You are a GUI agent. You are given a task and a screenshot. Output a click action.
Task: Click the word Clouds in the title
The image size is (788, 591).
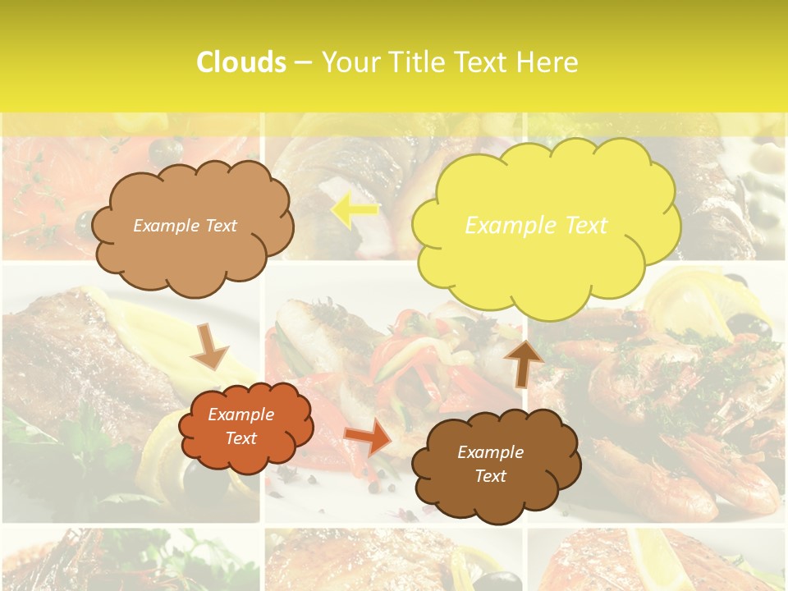[x=241, y=62]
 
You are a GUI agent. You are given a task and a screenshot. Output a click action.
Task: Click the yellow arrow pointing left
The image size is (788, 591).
[x=354, y=211]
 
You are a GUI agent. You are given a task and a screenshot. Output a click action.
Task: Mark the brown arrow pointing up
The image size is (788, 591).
[x=523, y=362]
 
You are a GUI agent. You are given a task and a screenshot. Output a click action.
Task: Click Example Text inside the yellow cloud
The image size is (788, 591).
[x=536, y=225]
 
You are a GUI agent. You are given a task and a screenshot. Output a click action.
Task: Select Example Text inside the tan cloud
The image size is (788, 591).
[x=185, y=225]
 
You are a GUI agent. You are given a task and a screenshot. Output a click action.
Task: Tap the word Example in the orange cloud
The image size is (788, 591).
[x=241, y=415]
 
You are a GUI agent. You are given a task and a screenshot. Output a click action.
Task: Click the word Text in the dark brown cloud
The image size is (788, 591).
[x=490, y=476]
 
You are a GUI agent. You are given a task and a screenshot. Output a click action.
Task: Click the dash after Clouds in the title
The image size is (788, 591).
[x=303, y=62]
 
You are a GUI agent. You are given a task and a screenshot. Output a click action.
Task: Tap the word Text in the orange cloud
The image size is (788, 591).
[x=241, y=438]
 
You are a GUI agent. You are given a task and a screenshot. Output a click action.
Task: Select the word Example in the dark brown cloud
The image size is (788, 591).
[x=490, y=452]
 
